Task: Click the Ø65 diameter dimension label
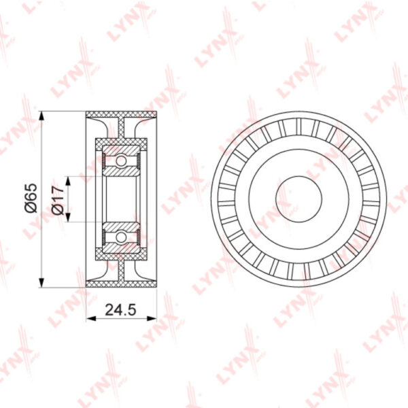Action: [31, 198]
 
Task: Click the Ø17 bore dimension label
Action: [58, 200]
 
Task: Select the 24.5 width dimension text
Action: [121, 310]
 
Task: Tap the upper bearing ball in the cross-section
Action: [121, 161]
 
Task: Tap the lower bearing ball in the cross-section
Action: [121, 237]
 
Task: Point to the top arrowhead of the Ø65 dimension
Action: [41, 116]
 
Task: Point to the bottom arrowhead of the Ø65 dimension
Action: [41, 282]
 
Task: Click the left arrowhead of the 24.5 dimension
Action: [91, 318]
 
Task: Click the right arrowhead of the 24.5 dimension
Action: [152, 318]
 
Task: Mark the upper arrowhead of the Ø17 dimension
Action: [68, 181]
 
